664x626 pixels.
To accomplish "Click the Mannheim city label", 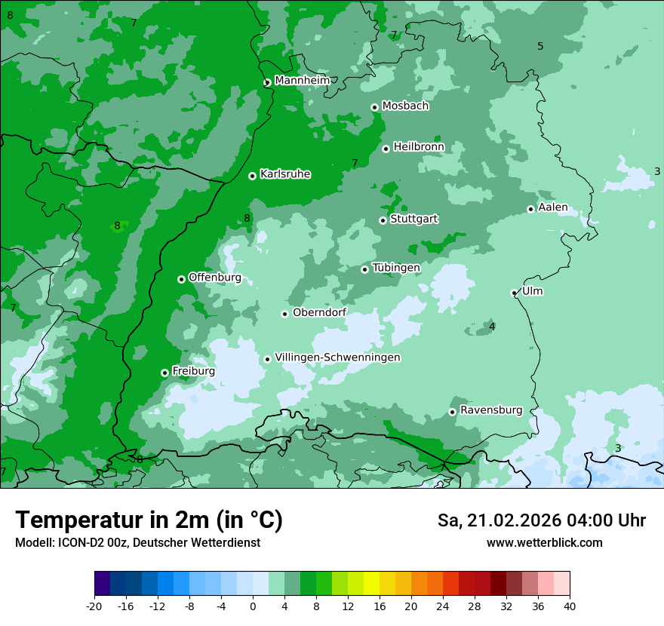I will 302,81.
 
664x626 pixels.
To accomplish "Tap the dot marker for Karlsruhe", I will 252,176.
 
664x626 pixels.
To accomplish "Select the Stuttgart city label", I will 413,219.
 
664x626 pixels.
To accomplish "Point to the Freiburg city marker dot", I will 164,373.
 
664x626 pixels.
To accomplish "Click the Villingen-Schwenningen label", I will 337,357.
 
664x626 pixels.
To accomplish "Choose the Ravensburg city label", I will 490,410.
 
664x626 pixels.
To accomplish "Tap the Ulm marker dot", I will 514,293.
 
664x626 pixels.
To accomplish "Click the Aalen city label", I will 553,207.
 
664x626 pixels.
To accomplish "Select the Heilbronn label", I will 419,147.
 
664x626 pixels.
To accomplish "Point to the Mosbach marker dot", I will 374,107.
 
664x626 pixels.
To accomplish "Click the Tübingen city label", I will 396,268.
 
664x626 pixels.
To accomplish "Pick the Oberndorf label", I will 320,313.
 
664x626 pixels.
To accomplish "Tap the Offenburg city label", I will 215,278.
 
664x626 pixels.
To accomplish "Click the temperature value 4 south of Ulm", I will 492,327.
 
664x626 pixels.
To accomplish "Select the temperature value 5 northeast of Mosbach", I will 540,46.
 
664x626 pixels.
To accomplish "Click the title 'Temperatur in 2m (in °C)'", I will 149,520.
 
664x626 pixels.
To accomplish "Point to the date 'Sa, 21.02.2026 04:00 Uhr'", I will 541,520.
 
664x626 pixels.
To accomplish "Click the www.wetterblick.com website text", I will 544,542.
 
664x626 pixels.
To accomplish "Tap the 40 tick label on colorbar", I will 569,606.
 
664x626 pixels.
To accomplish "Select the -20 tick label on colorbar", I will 94,606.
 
